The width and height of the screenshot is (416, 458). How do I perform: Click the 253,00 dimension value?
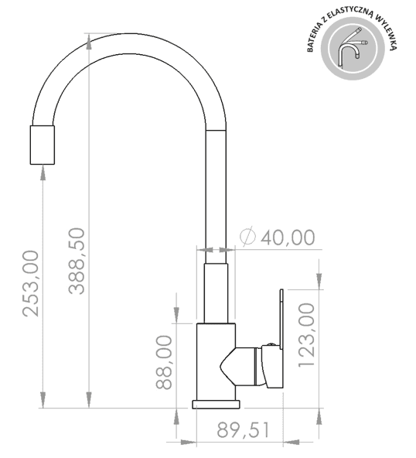pyautogui.click(x=30, y=283)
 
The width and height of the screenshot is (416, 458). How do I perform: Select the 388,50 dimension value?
pyautogui.click(x=77, y=261)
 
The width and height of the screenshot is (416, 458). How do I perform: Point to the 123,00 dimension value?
pyautogui.click(x=307, y=335)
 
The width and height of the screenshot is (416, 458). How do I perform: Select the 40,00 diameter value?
pyautogui.click(x=288, y=238)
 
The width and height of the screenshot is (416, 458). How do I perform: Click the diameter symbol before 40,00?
pyautogui.click(x=247, y=238)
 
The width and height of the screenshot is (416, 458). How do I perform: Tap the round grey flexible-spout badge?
pyautogui.click(x=352, y=49)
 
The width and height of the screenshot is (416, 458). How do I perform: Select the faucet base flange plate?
pyautogui.click(x=216, y=404)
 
